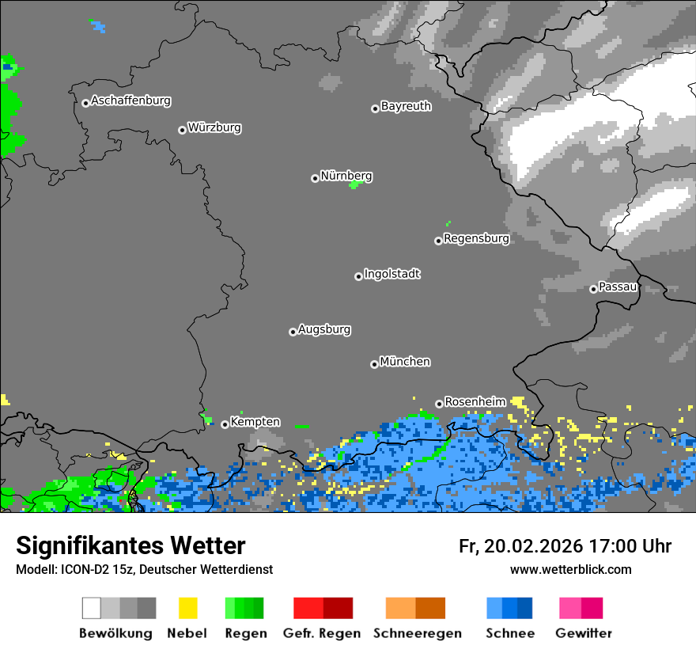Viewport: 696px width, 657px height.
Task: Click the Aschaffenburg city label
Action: point(130,101)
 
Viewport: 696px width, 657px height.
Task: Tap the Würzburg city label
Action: point(214,127)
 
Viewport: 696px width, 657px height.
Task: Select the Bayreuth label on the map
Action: point(406,106)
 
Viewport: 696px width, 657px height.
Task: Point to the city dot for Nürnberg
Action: point(315,178)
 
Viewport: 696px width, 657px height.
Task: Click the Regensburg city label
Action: point(476,238)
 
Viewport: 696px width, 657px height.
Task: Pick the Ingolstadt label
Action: point(391,274)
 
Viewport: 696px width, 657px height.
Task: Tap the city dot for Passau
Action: point(593,289)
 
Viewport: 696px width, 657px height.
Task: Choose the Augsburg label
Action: point(324,329)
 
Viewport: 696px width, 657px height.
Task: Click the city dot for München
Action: point(374,364)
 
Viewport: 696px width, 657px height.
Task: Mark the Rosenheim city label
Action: point(475,401)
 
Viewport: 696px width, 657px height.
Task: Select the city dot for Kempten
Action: point(225,424)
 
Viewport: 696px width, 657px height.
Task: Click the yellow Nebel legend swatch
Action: point(187,608)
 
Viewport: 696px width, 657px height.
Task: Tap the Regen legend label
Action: point(246,633)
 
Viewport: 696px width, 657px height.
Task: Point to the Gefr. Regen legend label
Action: point(322,633)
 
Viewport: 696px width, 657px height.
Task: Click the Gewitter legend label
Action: point(584,633)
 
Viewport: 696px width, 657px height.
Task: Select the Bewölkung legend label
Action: point(115,633)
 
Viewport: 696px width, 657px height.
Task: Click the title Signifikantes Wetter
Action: point(130,545)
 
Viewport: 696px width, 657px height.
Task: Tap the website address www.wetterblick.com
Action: point(570,569)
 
